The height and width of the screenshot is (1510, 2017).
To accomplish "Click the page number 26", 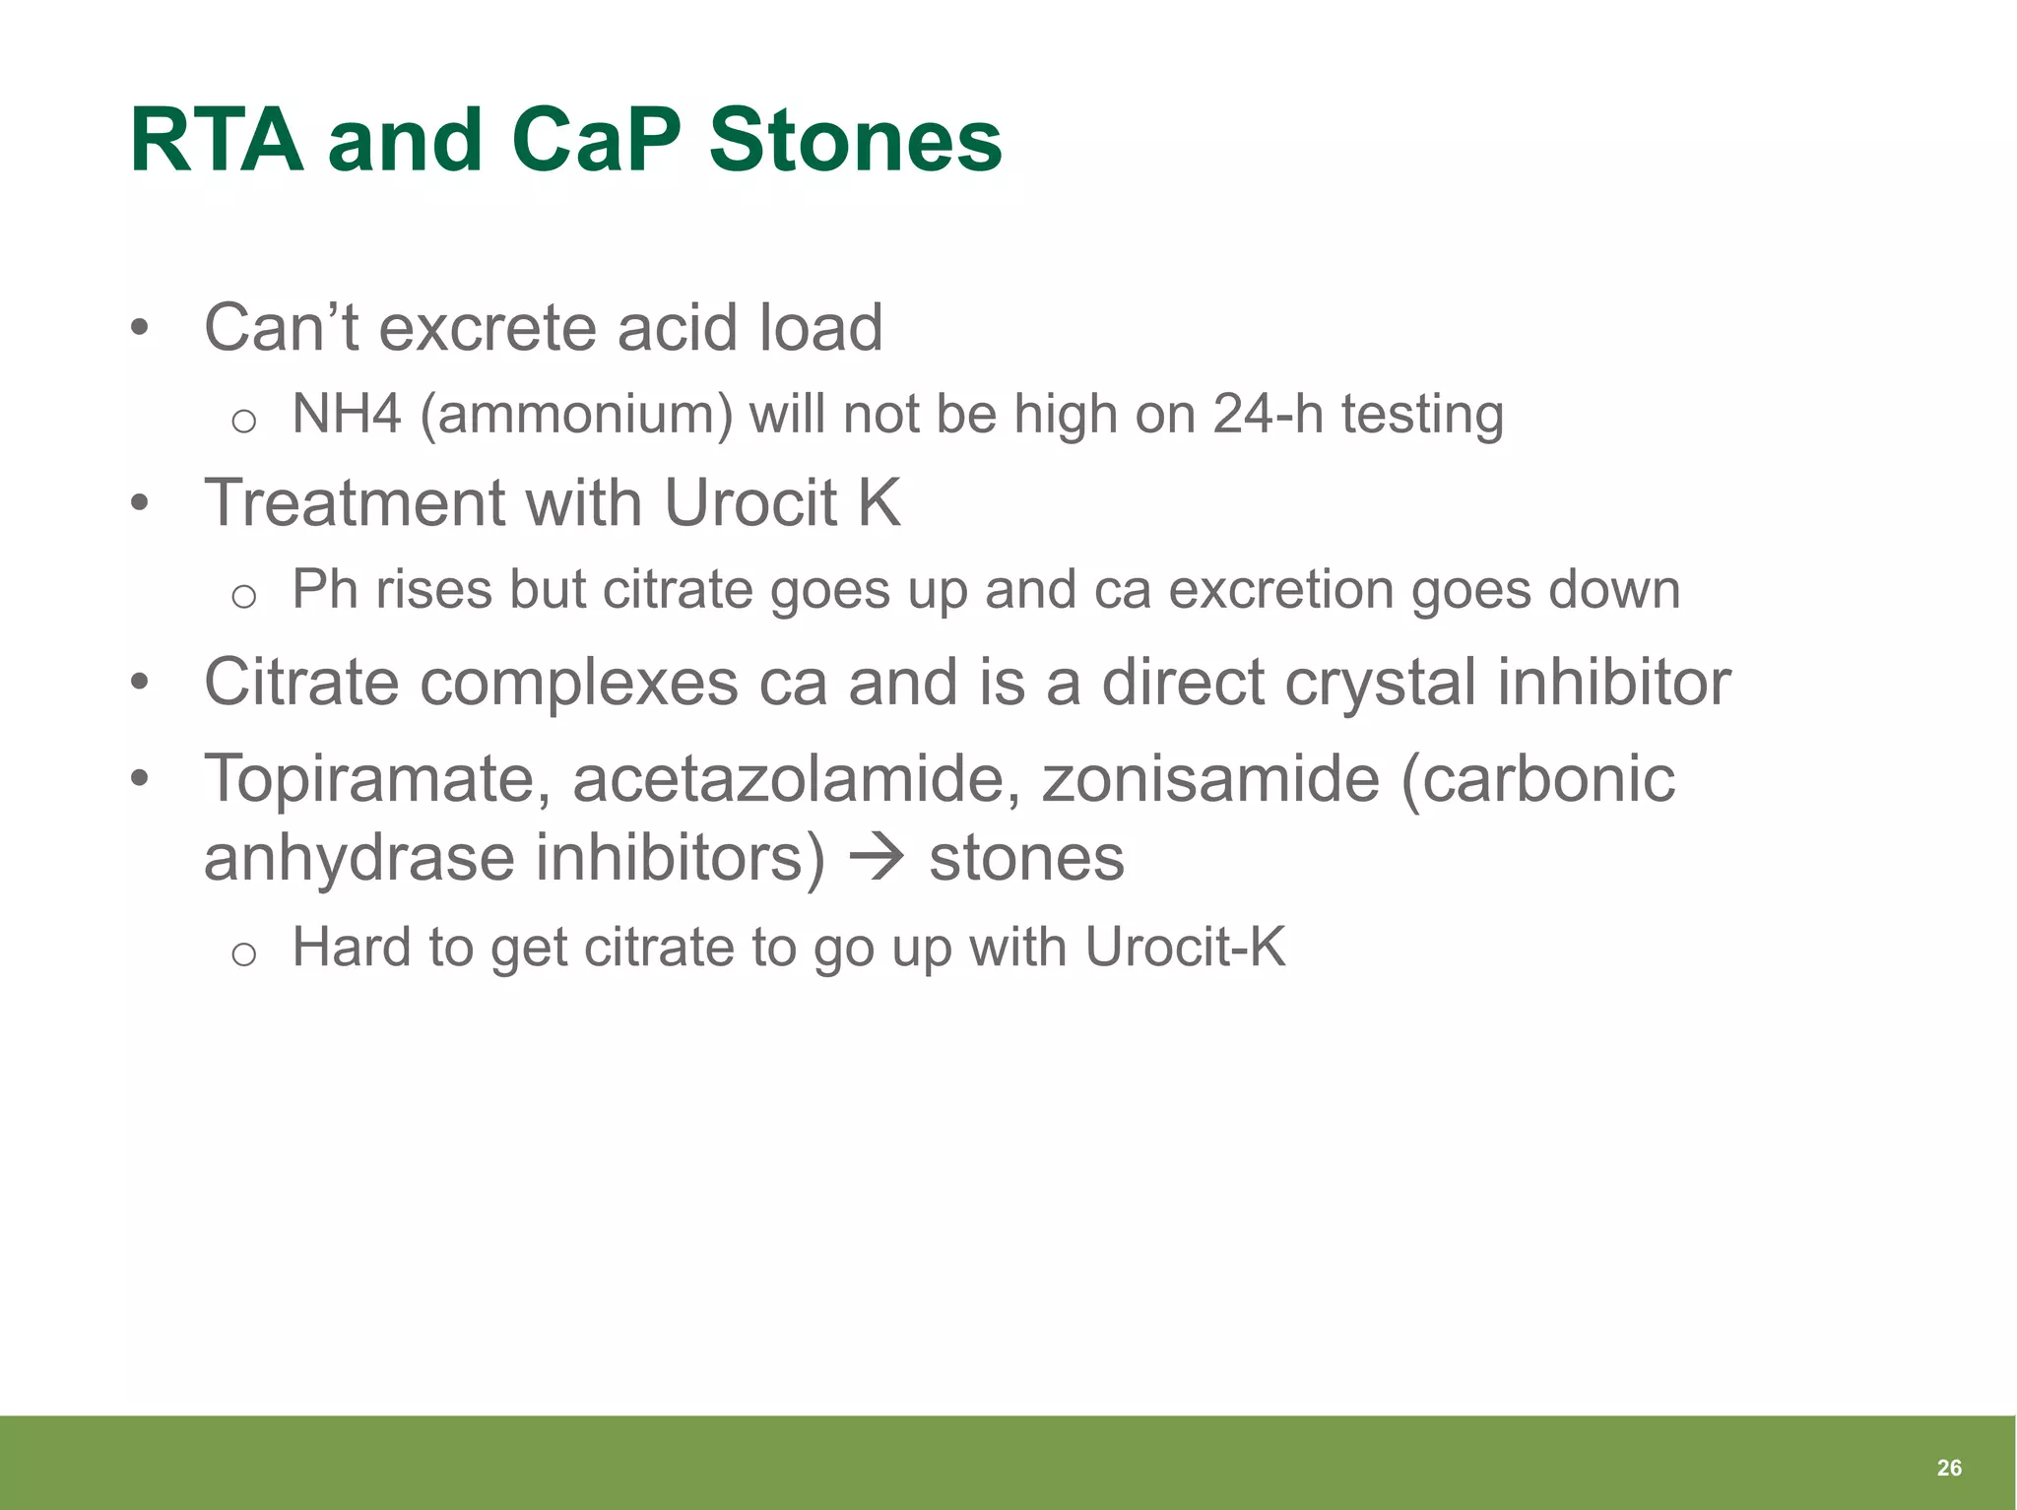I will point(1948,1468).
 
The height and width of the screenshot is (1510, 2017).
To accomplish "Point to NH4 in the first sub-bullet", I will point(347,414).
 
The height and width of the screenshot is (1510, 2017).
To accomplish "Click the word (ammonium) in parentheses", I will point(576,414).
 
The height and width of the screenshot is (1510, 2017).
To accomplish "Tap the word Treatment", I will point(355,502).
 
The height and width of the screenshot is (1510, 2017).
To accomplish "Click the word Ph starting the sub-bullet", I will point(324,590).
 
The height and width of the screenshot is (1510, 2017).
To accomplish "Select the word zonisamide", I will point(1210,779).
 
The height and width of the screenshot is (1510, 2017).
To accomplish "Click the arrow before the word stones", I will point(876,856).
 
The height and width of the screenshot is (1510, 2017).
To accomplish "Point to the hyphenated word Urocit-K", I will point(1185,948).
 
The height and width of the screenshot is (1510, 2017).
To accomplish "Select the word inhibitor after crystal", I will point(1613,682).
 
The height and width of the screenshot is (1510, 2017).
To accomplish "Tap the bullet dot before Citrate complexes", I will point(140,682).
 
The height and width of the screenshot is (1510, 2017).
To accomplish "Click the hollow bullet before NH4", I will point(243,422).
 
